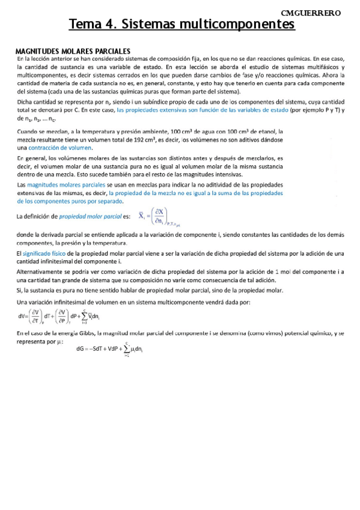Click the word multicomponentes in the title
240,25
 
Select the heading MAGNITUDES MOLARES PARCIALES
73,52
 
